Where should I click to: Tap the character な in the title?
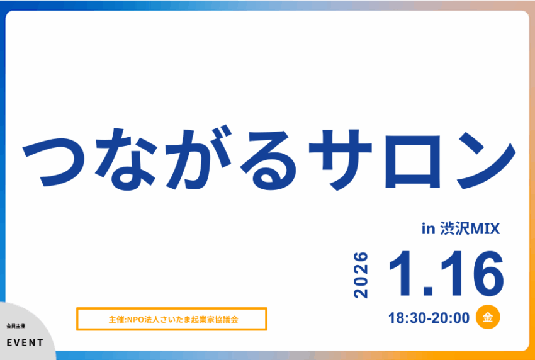tap(125, 159)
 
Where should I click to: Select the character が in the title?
tap(198, 157)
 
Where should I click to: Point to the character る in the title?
tap(269, 160)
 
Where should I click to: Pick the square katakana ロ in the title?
tap(412, 161)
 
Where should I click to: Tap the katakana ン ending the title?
tap(485, 160)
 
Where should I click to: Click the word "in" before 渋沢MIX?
tap(428, 230)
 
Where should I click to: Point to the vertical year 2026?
tap(361, 275)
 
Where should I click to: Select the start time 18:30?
tap(407, 318)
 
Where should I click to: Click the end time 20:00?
tap(451, 318)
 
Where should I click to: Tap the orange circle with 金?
tap(488, 317)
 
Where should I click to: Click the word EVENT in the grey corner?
tap(25, 342)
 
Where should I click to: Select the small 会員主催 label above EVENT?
tap(16, 326)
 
